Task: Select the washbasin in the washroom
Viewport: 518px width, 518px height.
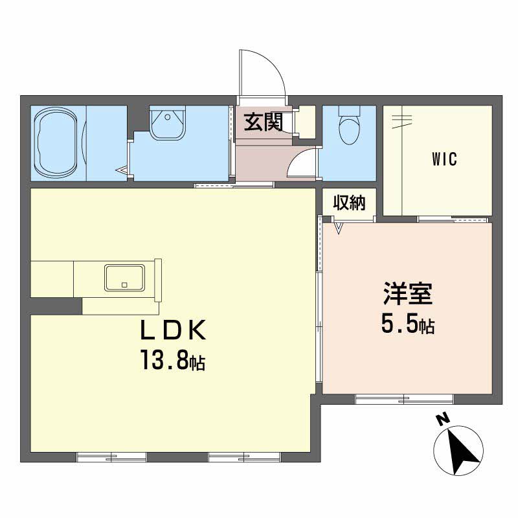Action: [x=167, y=122]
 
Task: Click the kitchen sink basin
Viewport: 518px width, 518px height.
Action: [x=124, y=278]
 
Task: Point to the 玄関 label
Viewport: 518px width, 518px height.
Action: [x=264, y=122]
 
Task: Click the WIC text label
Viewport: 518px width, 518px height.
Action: [x=444, y=159]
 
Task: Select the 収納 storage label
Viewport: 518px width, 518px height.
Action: [x=349, y=203]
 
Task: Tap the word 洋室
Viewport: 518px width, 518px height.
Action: [x=408, y=293]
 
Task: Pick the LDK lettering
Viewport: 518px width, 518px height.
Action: [x=173, y=330]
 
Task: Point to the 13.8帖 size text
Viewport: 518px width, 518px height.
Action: [x=173, y=360]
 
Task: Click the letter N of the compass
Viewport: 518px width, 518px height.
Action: [x=444, y=419]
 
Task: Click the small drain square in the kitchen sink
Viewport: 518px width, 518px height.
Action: [x=124, y=285]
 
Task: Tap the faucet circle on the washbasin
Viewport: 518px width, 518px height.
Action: [x=168, y=117]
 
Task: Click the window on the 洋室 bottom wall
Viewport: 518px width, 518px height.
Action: [x=404, y=399]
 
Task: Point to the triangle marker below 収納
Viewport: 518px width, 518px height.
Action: [x=338, y=228]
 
